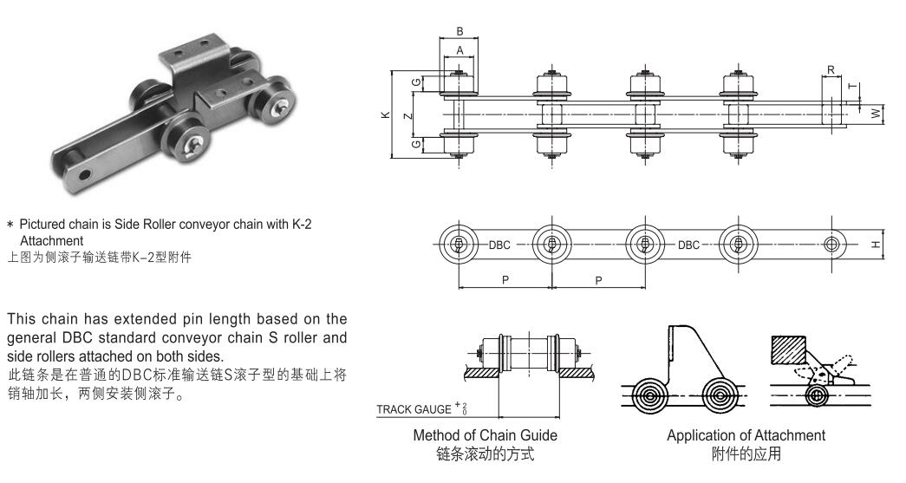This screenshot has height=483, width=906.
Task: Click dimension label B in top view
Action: [459, 32]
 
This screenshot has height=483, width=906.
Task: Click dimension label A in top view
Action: [459, 50]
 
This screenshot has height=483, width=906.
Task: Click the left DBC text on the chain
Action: [500, 245]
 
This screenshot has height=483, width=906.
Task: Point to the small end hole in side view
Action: [831, 245]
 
